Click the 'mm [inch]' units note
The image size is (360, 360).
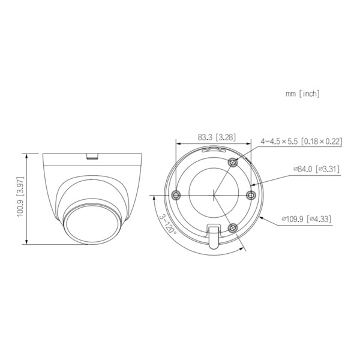pyautogui.click(x=303, y=94)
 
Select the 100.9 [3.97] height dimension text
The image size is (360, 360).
pyautogui.click(x=20, y=199)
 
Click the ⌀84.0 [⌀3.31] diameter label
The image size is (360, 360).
pyautogui.click(x=316, y=169)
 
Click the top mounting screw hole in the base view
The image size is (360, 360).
pyautogui.click(x=233, y=161)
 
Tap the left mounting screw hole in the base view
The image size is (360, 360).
pyautogui.click(x=176, y=194)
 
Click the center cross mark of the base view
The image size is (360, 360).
pyautogui.click(x=214, y=194)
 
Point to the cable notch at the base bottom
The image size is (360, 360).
pyautogui.click(x=214, y=235)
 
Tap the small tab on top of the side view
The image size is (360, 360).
pyautogui.click(x=92, y=157)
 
